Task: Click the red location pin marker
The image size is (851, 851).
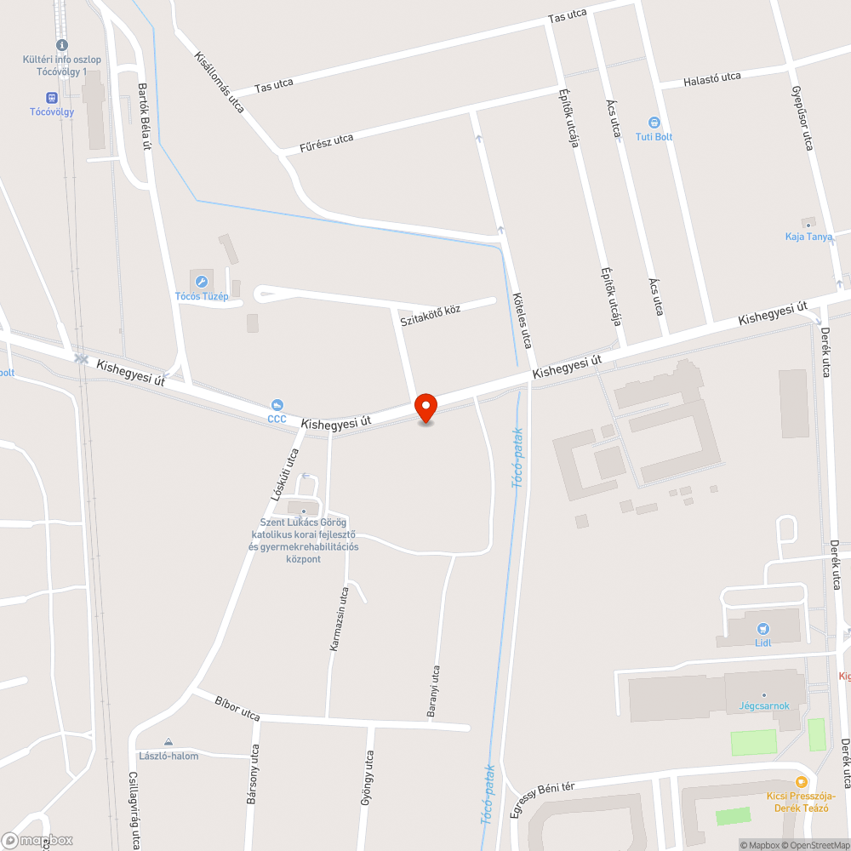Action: click(x=425, y=408)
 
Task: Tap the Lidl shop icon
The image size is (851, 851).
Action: click(x=762, y=628)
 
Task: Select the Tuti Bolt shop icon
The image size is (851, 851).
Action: click(x=654, y=123)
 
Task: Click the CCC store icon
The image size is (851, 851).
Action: click(x=277, y=405)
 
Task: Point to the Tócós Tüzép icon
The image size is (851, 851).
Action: click(x=202, y=281)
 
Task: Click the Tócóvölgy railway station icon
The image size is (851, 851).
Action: click(x=51, y=98)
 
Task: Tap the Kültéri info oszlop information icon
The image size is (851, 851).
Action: click(x=61, y=45)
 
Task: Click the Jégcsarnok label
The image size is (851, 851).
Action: click(x=763, y=705)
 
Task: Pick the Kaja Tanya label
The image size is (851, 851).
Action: click(x=808, y=236)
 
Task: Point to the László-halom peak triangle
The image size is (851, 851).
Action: click(x=168, y=742)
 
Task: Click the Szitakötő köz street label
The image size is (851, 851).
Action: click(x=431, y=314)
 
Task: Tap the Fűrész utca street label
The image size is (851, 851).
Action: click(x=327, y=142)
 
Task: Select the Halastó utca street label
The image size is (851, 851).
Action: click(x=712, y=79)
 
